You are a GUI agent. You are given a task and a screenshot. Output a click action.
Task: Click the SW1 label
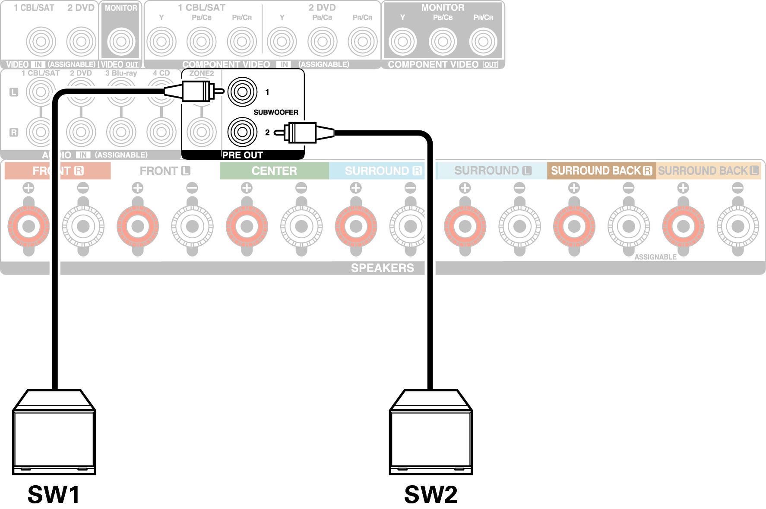tap(54, 494)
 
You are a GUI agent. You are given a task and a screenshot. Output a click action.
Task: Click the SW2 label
tap(430, 494)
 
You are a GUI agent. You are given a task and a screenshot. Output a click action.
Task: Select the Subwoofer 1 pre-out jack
tap(242, 92)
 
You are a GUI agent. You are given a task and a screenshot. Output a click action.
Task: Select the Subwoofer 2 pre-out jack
tap(242, 132)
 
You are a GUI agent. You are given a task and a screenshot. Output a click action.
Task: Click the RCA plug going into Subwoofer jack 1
tap(194, 92)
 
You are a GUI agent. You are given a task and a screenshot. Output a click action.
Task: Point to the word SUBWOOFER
tap(275, 112)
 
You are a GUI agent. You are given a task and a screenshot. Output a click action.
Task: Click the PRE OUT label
tap(242, 155)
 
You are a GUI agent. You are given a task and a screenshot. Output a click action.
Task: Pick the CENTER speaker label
tap(274, 171)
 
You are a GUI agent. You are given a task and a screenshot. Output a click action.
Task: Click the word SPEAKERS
tap(382, 268)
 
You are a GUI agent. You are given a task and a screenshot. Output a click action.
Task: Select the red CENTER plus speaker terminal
tap(247, 226)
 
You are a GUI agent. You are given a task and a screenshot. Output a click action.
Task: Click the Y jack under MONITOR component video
tap(402, 41)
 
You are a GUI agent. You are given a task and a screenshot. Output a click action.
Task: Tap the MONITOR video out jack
tap(121, 41)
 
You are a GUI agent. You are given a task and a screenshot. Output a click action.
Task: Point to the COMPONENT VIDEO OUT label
tap(443, 65)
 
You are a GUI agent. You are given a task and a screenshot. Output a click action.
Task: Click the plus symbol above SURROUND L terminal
tap(465, 188)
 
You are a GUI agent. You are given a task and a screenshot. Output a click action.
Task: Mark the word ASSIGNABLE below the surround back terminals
tap(655, 257)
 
